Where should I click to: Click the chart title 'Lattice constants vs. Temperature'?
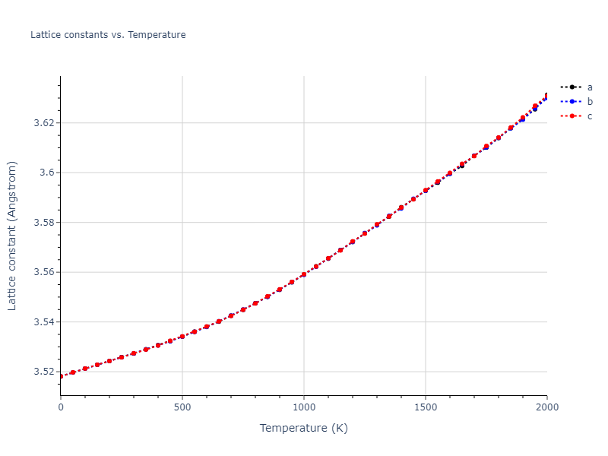point(108,35)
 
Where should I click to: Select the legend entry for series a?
point(589,87)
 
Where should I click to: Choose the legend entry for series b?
point(589,102)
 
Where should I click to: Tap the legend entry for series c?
point(589,116)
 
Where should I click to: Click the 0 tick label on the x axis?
point(61,408)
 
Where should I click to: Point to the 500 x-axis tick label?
point(182,408)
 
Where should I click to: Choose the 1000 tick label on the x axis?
point(304,408)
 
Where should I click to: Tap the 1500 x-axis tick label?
point(426,408)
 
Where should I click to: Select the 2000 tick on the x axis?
point(546,408)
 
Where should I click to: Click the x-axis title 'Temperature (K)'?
point(304,429)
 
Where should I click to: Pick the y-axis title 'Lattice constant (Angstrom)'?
point(12,236)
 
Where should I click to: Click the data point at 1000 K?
point(304,274)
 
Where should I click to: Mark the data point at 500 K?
point(182,336)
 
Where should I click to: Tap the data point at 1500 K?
point(426,191)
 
